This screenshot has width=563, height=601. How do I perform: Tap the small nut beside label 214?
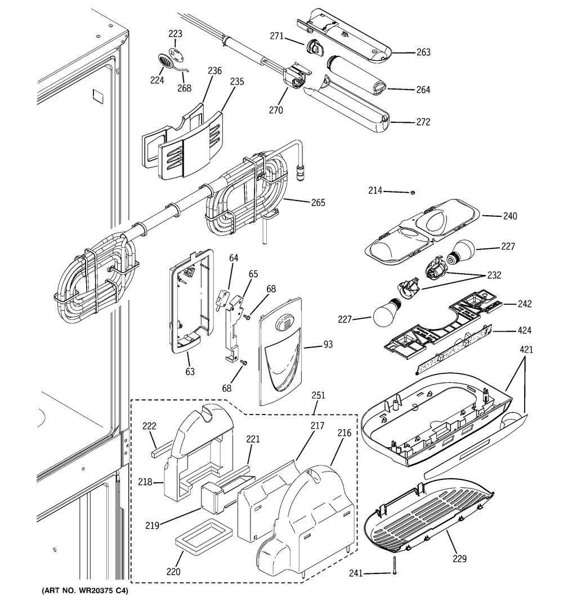tap(411, 193)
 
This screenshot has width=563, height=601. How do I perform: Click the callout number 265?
tap(319, 202)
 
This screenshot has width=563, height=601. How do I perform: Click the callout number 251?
tap(319, 396)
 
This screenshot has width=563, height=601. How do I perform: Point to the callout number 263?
tap(423, 52)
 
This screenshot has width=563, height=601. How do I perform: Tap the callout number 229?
tap(460, 559)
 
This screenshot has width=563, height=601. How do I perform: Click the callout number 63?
tap(190, 372)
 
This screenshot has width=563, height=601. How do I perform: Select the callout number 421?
tap(526, 350)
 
